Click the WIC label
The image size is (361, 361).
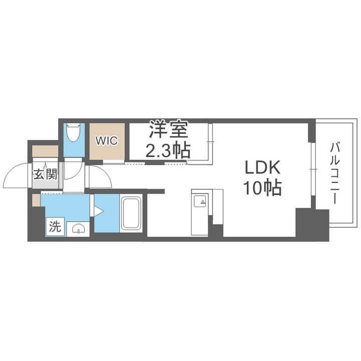[107, 140]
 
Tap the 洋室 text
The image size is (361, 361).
[167, 131]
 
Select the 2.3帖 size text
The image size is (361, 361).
[167, 150]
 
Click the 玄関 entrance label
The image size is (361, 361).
[45, 174]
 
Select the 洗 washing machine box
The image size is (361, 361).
[55, 227]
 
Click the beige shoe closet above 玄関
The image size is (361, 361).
[45, 151]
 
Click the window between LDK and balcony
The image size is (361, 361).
[312, 170]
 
